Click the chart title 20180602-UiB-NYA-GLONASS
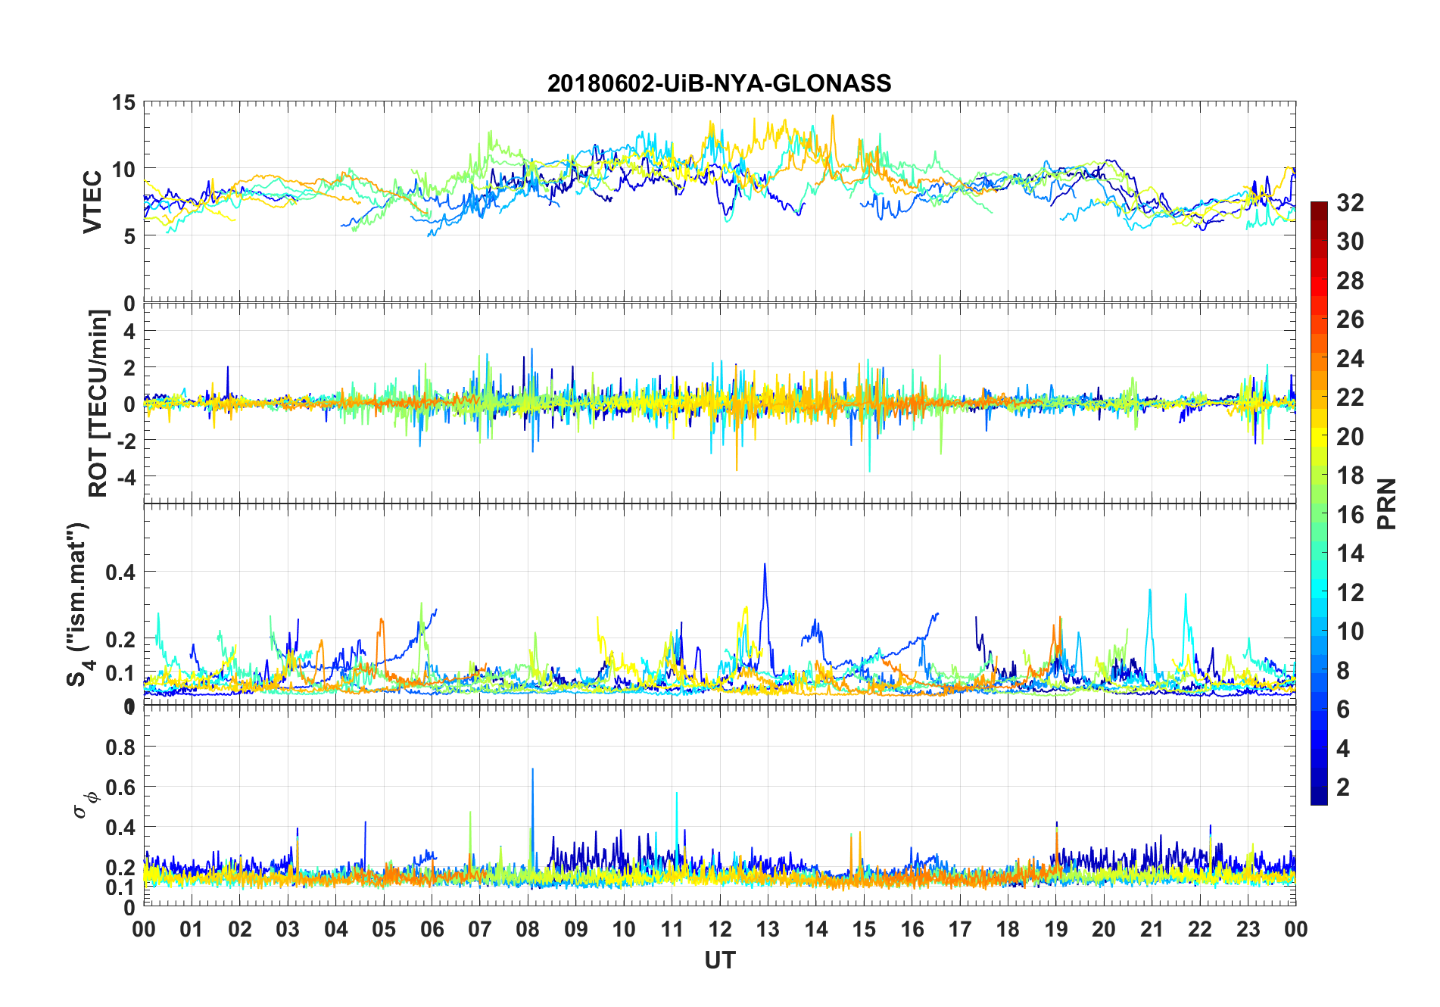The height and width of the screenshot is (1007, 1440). [719, 83]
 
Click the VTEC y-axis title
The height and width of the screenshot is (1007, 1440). [92, 202]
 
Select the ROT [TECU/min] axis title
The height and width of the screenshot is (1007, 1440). [98, 403]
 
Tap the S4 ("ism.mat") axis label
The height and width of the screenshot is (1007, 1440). [79, 604]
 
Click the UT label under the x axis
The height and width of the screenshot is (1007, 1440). [719, 960]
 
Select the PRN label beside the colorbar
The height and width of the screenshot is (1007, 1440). [1386, 503]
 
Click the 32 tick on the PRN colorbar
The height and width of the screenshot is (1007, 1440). [1350, 203]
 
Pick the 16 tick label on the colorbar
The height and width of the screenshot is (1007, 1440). [1350, 515]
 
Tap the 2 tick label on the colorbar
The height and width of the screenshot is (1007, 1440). [1343, 787]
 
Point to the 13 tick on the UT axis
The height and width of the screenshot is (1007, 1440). [768, 929]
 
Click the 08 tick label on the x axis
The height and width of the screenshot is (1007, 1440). [528, 929]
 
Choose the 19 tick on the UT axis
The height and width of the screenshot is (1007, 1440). [1055, 929]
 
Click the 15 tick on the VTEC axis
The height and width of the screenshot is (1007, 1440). [124, 103]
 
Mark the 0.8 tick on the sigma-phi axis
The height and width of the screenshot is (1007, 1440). [121, 747]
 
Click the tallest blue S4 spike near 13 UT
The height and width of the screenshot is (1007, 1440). [765, 565]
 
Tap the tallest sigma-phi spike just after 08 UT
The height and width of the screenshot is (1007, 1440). [532, 770]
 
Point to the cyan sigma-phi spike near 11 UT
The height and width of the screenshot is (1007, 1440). [676, 794]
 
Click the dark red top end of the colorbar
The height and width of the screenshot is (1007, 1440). [1319, 206]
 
